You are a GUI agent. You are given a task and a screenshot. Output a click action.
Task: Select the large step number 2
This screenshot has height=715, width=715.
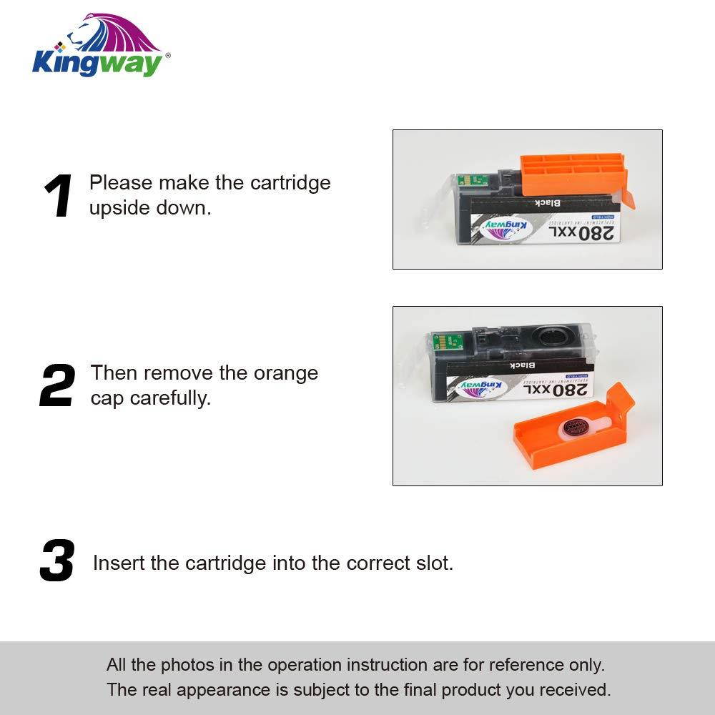coord(57,386)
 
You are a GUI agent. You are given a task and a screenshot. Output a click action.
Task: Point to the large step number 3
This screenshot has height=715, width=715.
coord(57,562)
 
